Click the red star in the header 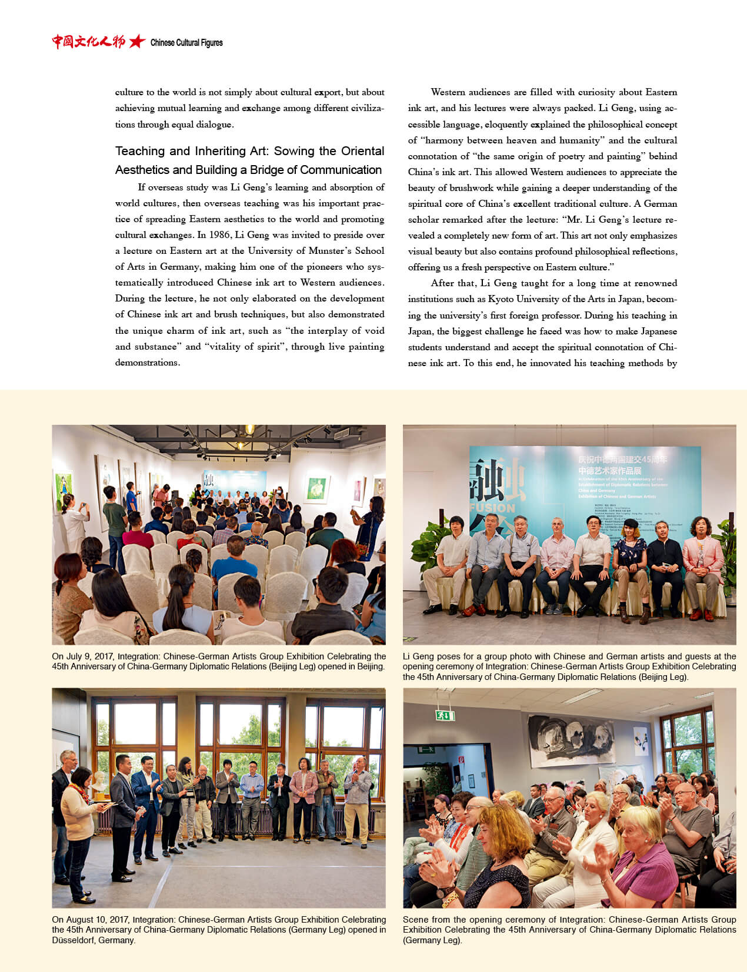137,41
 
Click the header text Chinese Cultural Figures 186,42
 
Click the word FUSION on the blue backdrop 492,508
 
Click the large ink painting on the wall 571,736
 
